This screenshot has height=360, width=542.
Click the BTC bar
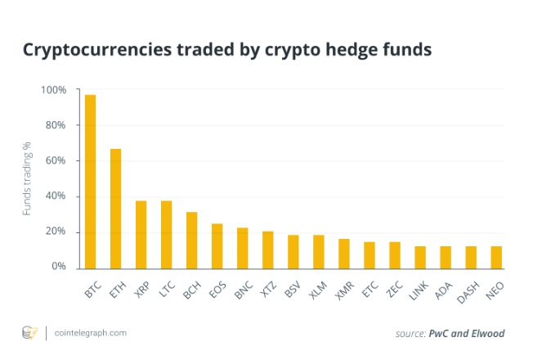click(x=90, y=182)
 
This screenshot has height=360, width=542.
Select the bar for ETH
click(x=115, y=209)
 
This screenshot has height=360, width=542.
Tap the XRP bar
click(x=141, y=234)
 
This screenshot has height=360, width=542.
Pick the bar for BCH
click(x=191, y=240)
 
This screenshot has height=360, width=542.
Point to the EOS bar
click(x=217, y=245)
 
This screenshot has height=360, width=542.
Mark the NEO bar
click(x=495, y=257)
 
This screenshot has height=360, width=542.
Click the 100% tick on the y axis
click(x=54, y=89)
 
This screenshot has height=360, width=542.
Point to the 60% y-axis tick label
click(x=56, y=160)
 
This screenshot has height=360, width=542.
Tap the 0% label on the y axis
click(x=59, y=267)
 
